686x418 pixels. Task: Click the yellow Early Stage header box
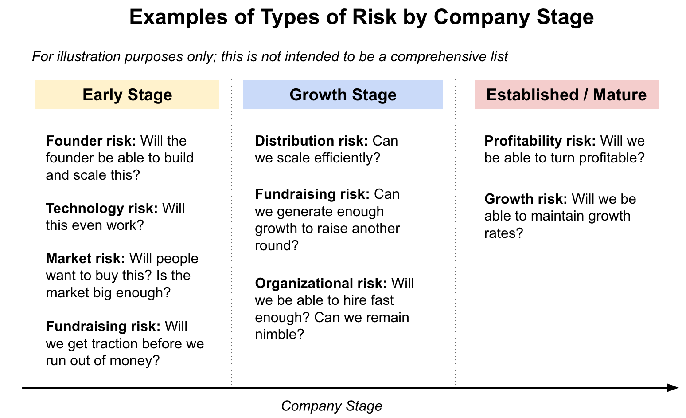pyautogui.click(x=127, y=95)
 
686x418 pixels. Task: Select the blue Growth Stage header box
pyautogui.click(x=343, y=95)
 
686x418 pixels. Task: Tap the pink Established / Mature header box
pyautogui.click(x=566, y=95)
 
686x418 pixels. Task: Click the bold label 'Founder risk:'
pyautogui.click(x=91, y=141)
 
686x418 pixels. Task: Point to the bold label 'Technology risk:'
pyautogui.click(x=101, y=209)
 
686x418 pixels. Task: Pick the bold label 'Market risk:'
pyautogui.click(x=86, y=259)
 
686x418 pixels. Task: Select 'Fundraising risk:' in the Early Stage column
pyautogui.click(x=103, y=327)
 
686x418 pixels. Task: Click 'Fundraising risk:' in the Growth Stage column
pyautogui.click(x=312, y=194)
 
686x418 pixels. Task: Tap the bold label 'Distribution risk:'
pyautogui.click(x=312, y=141)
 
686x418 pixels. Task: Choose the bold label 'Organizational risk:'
pyautogui.click(x=321, y=284)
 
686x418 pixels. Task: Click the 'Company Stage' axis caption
pyautogui.click(x=331, y=406)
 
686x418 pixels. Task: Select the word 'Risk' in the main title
pyautogui.click(x=374, y=17)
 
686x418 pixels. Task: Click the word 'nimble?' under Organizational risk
pyautogui.click(x=280, y=335)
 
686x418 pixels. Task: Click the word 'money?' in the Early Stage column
pyautogui.click(x=135, y=361)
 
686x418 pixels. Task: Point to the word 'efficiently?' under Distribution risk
pyautogui.click(x=347, y=158)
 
